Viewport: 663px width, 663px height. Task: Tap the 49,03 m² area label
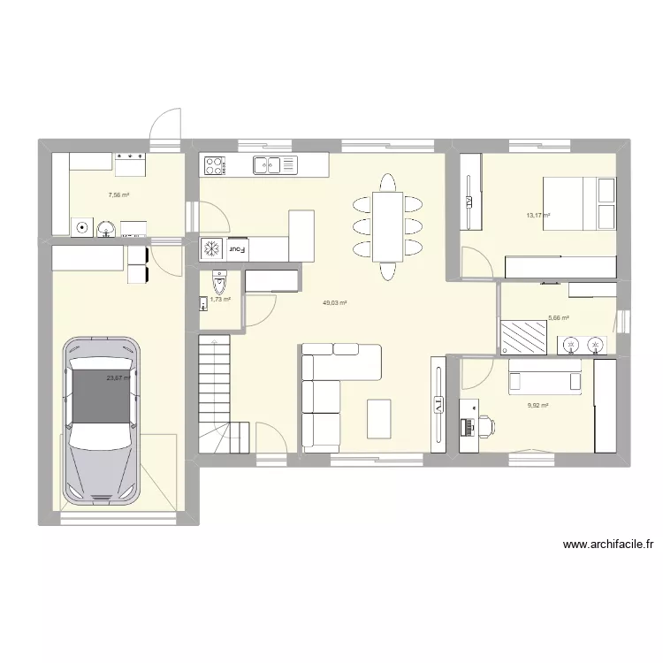[334, 303]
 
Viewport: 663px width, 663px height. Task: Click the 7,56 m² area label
[119, 195]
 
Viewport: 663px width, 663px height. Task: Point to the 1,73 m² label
[220, 301]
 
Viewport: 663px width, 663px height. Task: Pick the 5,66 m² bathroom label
[558, 318]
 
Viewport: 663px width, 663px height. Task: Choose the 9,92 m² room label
[537, 406]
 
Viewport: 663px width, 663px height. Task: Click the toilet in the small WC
[219, 282]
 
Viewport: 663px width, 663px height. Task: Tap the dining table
[387, 226]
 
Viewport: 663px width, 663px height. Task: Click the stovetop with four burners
[216, 164]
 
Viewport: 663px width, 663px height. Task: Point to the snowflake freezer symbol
[212, 248]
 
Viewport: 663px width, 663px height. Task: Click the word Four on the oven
[238, 248]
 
